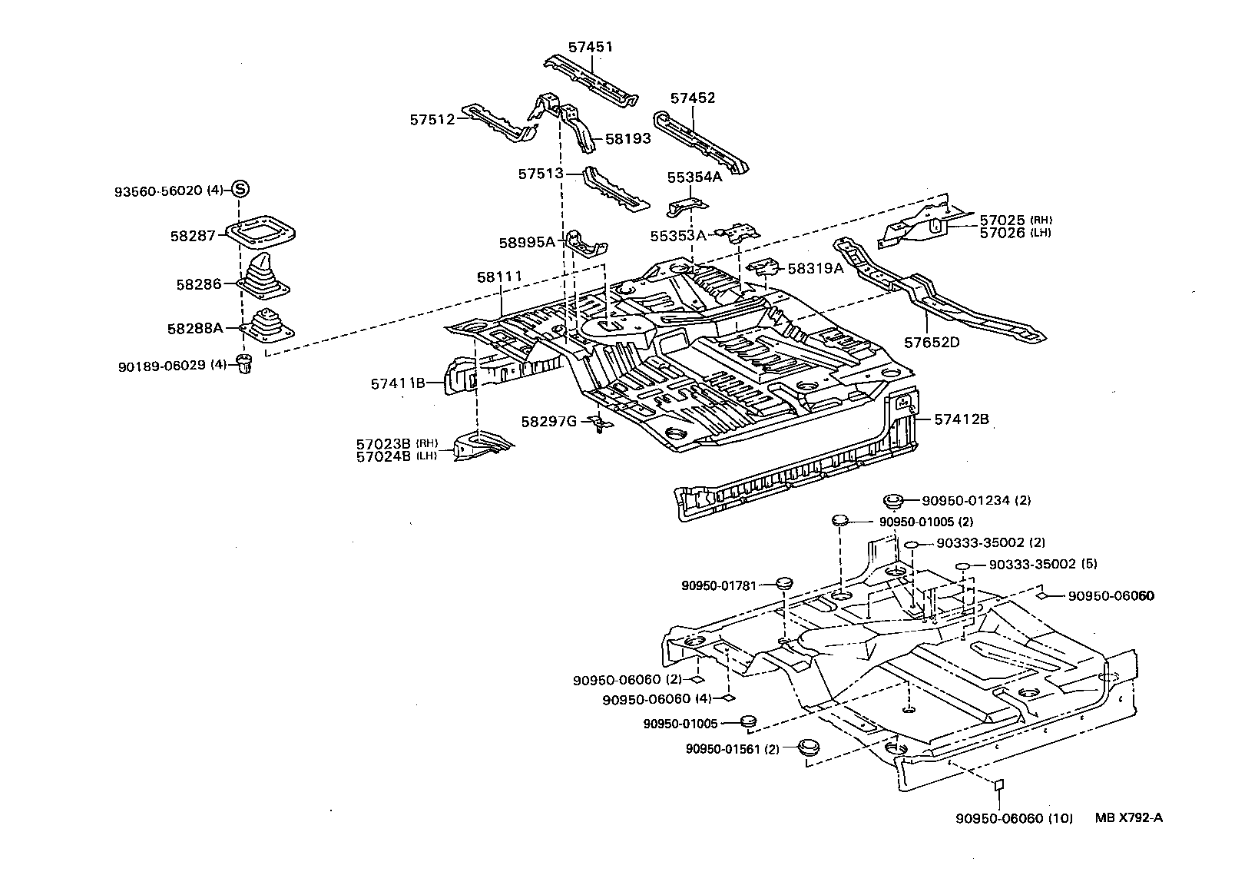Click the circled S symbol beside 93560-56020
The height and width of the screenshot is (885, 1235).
click(240, 188)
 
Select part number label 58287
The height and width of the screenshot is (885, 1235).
click(193, 236)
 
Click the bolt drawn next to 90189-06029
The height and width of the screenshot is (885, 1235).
click(246, 365)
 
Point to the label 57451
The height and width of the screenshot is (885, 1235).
click(590, 47)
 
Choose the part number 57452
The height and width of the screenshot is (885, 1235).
click(692, 98)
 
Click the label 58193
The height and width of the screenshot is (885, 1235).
click(627, 139)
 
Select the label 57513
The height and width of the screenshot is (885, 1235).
click(540, 174)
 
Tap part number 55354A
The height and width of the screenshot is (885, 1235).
click(694, 177)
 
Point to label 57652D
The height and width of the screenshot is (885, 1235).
click(931, 342)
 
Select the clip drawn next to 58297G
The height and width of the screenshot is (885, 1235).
click(598, 423)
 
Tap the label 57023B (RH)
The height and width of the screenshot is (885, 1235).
click(384, 443)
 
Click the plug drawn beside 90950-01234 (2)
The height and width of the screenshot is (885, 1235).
click(892, 501)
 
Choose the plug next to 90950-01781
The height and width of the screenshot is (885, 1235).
click(783, 583)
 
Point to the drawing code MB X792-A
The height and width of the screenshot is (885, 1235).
click(1128, 818)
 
